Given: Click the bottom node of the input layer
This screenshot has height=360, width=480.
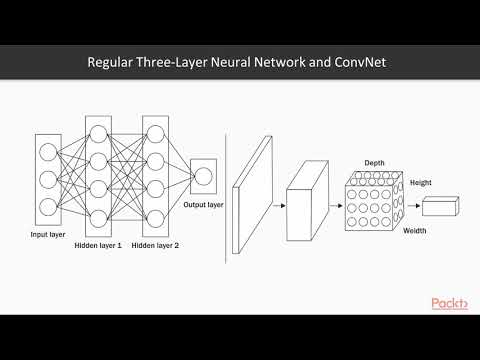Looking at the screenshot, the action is point(49,208).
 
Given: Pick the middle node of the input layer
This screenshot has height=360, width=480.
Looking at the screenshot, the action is point(49,181).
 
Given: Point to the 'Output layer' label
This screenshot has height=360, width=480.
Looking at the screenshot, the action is point(203,205).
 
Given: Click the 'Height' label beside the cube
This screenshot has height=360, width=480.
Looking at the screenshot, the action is point(420,184).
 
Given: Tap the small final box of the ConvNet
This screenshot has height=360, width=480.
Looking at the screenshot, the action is point(439,207).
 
